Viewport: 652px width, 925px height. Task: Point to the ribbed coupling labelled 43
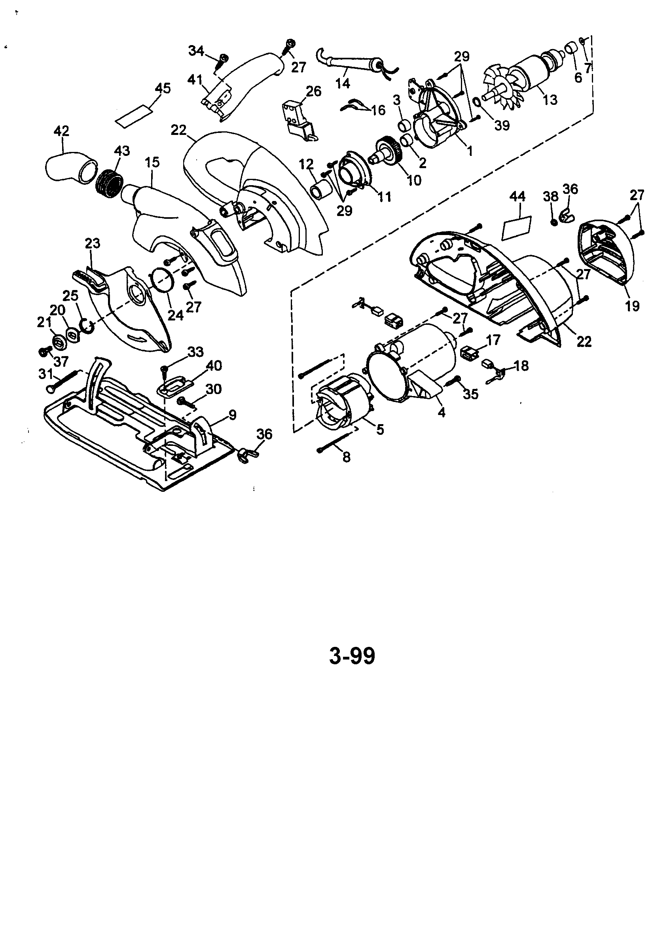(x=109, y=184)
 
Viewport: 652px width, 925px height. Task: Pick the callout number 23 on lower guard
(x=93, y=244)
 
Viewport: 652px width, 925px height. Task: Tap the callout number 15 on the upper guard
(x=152, y=162)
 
